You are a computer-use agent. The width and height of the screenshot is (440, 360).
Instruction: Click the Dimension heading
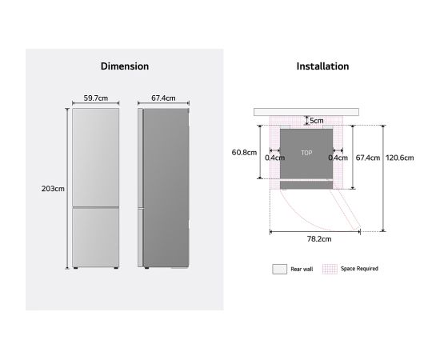pos(125,66)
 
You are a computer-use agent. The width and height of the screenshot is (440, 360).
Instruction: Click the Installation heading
pos(322,66)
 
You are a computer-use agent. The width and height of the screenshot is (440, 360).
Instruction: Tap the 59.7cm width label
pos(96,98)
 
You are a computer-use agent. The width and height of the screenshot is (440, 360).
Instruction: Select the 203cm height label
pos(53,189)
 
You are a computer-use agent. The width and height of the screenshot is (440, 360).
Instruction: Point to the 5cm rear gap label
pos(317,121)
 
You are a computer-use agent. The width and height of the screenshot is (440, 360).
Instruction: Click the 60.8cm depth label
pos(244,152)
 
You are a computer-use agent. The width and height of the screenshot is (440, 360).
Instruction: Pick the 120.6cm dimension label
pos(399,158)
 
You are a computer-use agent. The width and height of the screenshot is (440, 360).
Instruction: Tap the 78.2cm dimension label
pos(319,239)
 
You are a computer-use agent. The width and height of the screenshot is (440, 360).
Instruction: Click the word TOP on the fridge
pos(306,153)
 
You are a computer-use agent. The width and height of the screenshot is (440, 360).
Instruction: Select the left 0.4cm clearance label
pos(274,158)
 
